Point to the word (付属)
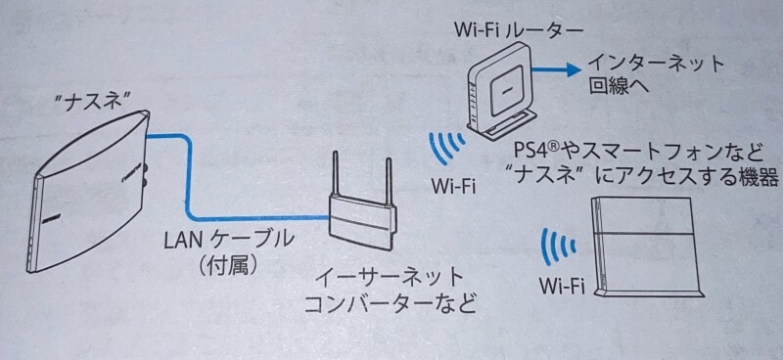226,265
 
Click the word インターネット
656,66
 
